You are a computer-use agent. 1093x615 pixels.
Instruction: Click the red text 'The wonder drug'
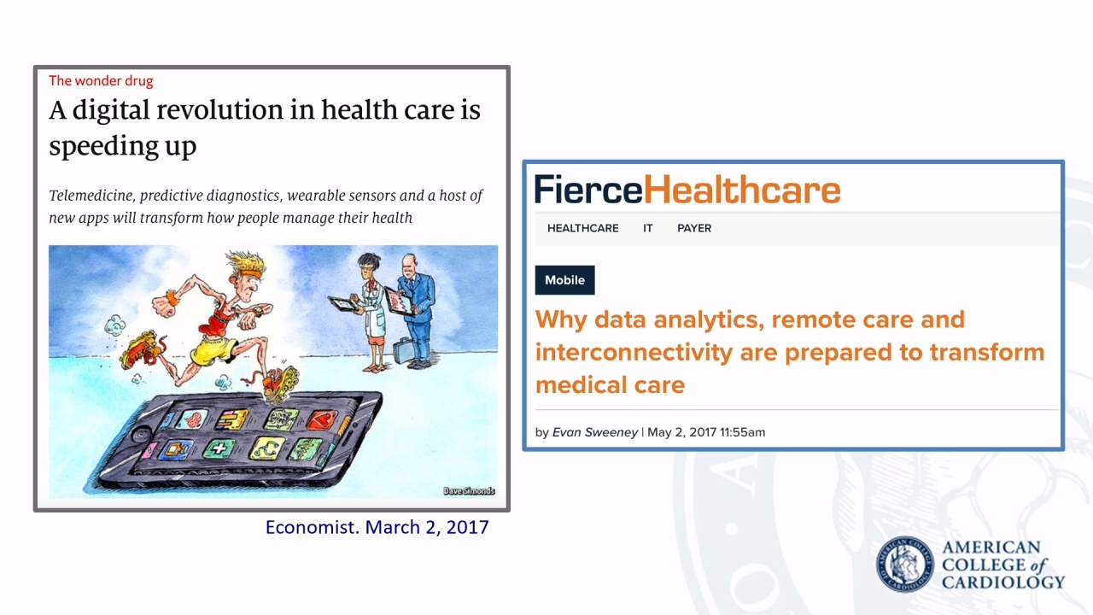[x=101, y=80]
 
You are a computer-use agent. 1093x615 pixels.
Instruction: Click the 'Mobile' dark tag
[x=564, y=280]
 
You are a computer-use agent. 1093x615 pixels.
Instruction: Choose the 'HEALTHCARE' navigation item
[x=582, y=228]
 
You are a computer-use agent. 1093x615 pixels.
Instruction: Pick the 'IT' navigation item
[x=647, y=228]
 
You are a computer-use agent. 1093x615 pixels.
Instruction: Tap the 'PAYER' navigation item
[x=694, y=228]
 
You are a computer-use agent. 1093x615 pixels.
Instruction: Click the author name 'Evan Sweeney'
[x=595, y=432]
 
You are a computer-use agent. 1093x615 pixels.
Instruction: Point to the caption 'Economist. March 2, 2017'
[x=377, y=528]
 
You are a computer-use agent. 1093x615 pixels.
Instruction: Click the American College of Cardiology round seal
[x=904, y=565]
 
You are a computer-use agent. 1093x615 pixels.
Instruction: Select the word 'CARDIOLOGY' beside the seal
[x=1003, y=583]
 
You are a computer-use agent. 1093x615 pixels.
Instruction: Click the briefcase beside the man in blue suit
[x=404, y=350]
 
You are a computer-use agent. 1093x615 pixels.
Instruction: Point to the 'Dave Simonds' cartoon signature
[x=469, y=491]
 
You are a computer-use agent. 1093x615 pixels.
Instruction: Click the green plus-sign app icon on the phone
[x=219, y=448]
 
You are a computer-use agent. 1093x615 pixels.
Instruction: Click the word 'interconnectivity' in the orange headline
[x=634, y=353]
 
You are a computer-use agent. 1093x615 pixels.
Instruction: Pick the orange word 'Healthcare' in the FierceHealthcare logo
[x=742, y=190]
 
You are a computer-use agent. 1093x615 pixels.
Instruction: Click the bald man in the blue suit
[x=417, y=310]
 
